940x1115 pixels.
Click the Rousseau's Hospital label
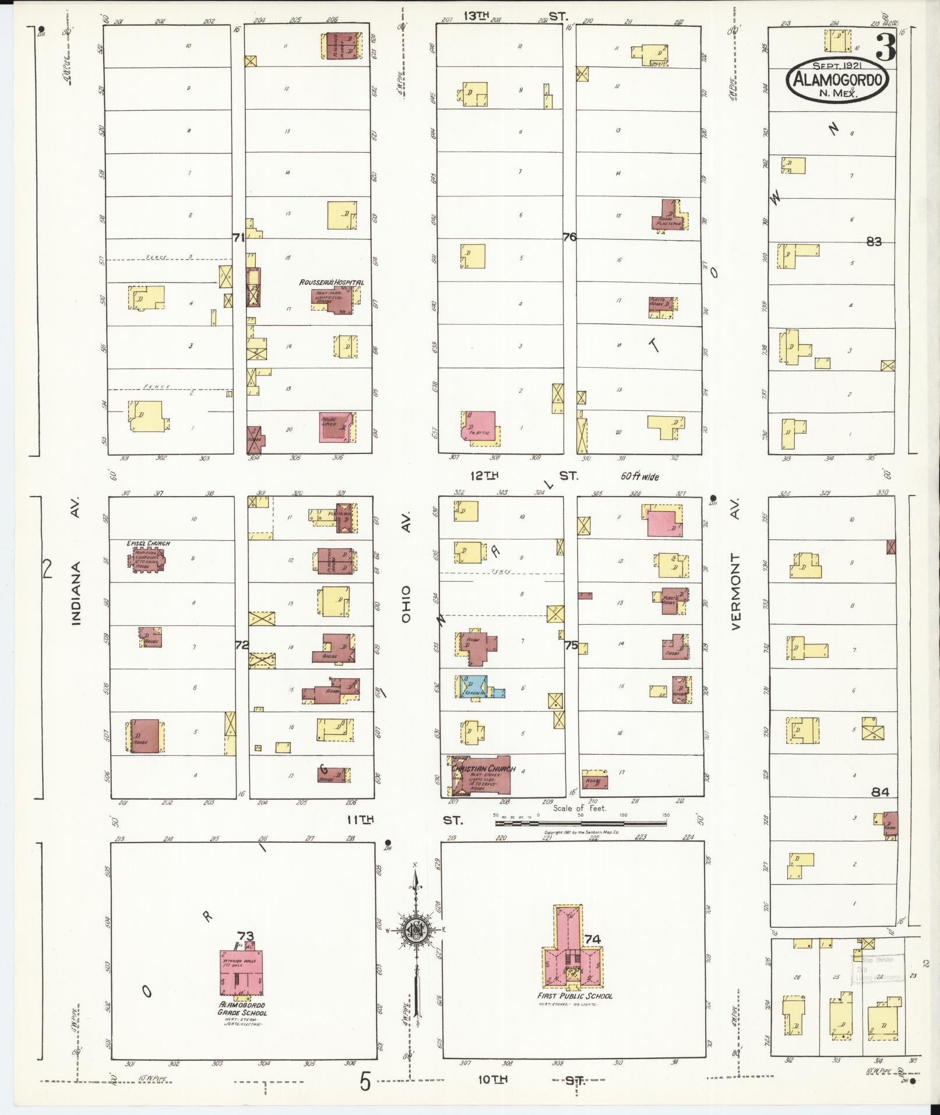tap(332, 282)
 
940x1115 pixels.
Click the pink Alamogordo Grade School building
tap(241, 972)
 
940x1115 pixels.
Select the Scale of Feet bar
tap(580, 823)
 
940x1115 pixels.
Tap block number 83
tap(874, 242)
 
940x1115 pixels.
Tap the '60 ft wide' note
tap(639, 477)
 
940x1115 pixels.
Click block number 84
tap(880, 792)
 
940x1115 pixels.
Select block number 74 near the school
tap(593, 939)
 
